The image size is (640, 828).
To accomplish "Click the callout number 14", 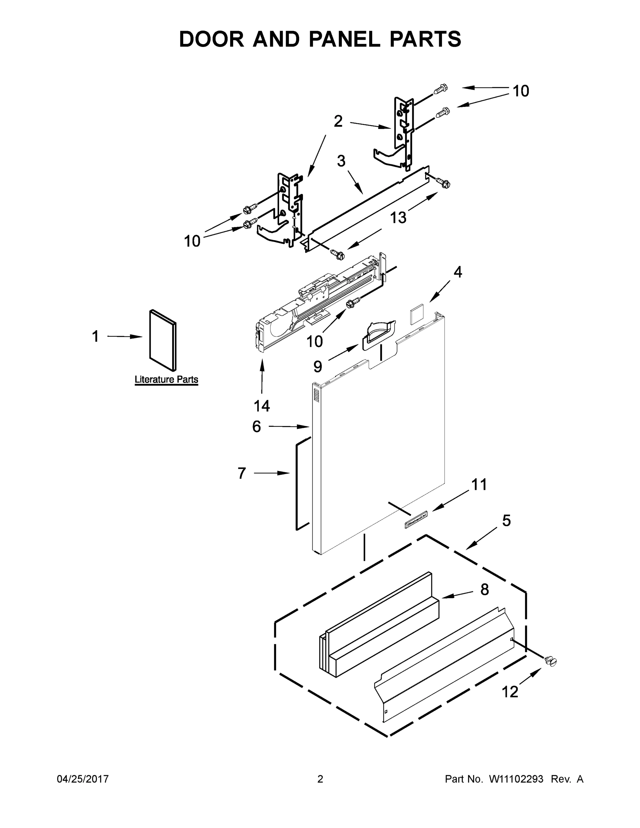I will [262, 406].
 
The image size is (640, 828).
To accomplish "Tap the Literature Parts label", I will [166, 379].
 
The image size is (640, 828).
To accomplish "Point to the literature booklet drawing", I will [163, 340].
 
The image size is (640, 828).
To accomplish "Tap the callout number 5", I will [506, 521].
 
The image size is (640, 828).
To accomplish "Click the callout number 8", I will [484, 590].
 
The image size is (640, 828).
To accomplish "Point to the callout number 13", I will [398, 218].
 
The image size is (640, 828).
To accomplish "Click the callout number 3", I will [341, 161].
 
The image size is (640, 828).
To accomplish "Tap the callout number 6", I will [257, 426].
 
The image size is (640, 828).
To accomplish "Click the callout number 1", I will [96, 336].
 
